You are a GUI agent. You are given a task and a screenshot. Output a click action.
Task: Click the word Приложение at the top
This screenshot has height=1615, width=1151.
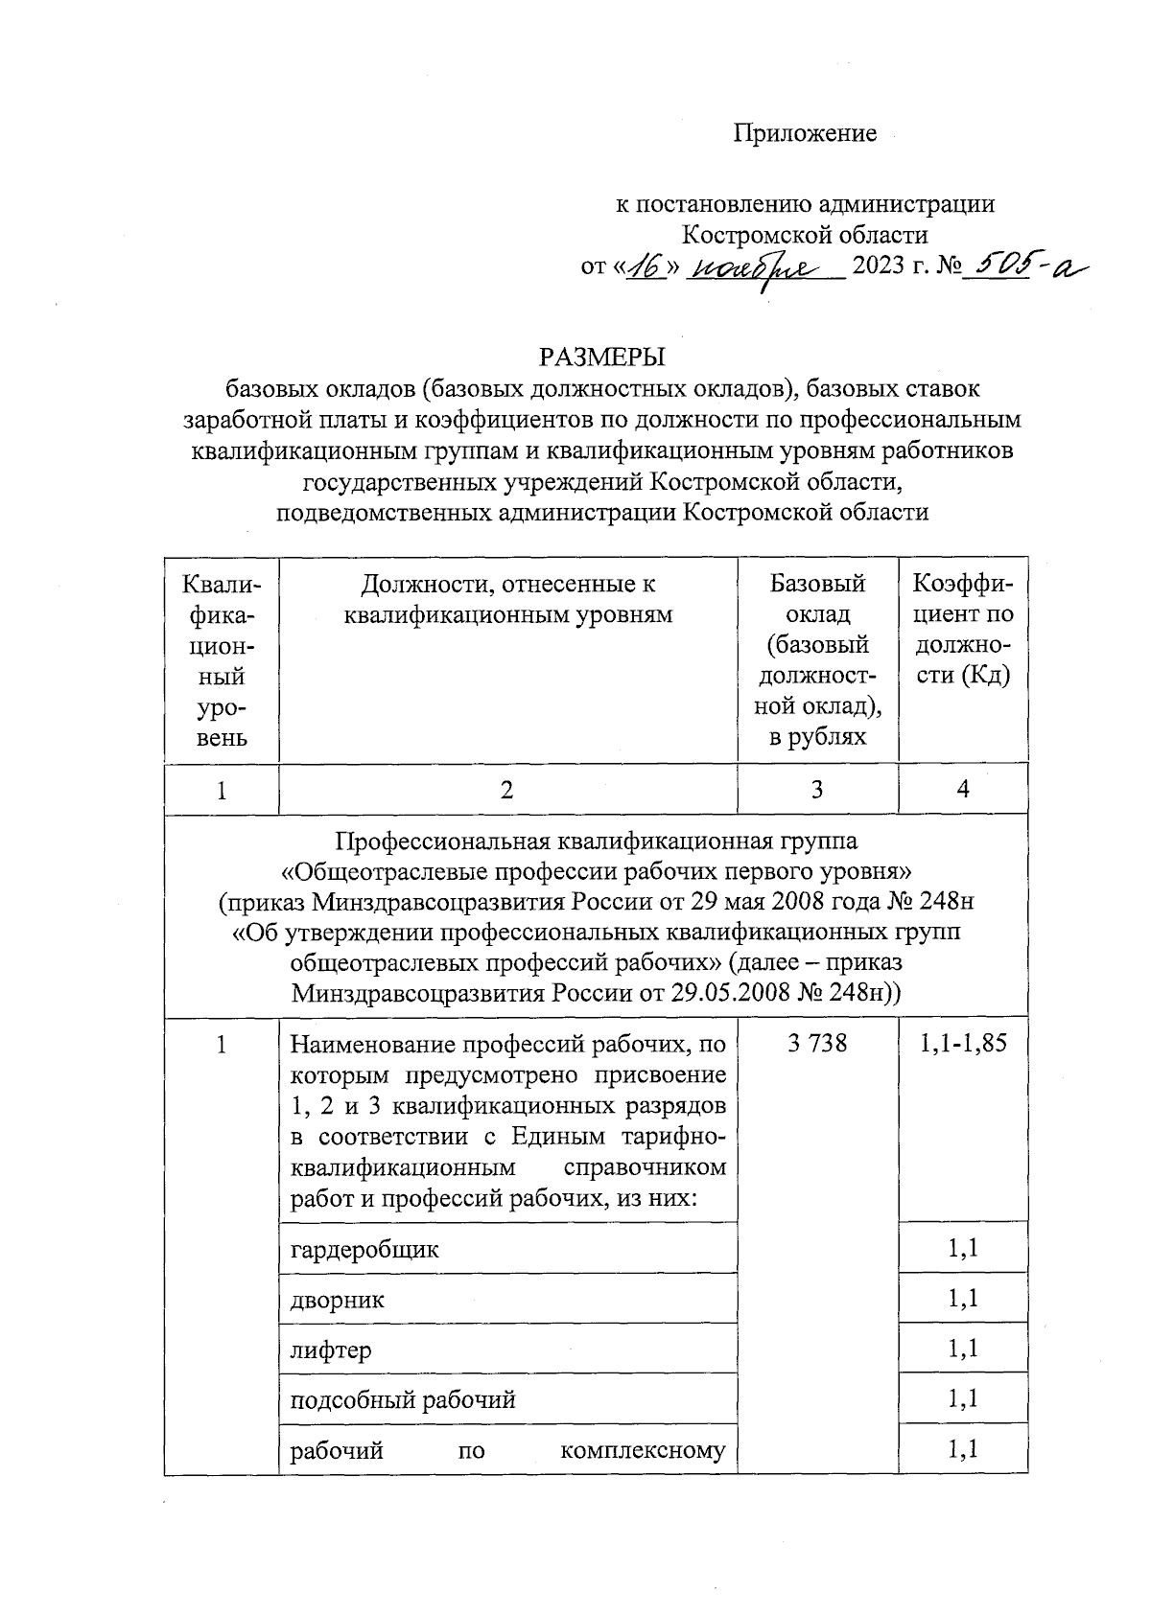805,133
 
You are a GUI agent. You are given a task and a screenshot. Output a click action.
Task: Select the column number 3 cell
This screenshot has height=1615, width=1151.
817,789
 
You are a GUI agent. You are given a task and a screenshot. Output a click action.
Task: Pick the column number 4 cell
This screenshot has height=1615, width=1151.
963,788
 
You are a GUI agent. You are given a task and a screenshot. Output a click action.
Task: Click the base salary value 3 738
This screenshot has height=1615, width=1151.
817,1043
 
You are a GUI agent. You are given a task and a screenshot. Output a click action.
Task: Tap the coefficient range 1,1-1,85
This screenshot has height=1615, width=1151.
963,1043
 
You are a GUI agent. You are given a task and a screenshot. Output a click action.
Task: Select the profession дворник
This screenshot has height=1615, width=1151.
338,1300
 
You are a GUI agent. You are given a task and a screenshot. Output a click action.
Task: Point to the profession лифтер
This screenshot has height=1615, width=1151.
331,1350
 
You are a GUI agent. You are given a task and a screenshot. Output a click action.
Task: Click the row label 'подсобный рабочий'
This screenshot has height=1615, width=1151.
403,1399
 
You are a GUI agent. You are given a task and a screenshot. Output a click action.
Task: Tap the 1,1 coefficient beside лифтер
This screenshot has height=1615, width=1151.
963,1350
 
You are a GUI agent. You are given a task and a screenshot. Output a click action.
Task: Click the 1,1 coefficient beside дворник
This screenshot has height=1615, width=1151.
963,1299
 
